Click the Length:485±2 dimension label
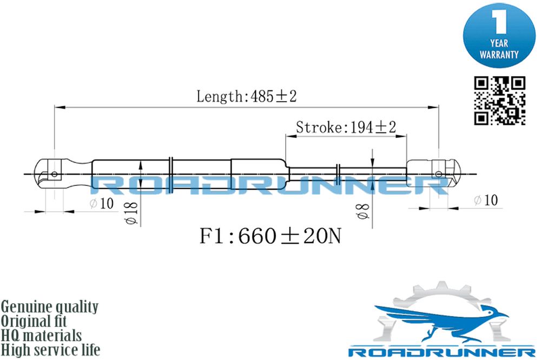pyautogui.click(x=246, y=96)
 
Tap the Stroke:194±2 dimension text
pyautogui.click(x=346, y=128)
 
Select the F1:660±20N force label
pyautogui.click(x=270, y=236)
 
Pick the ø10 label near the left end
pyautogui.click(x=102, y=203)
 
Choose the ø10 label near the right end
pyautogui.click(x=486, y=200)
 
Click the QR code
pyautogui.click(x=499, y=101)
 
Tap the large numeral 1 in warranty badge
pyautogui.click(x=499, y=22)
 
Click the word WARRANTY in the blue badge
pyautogui.click(x=499, y=55)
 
